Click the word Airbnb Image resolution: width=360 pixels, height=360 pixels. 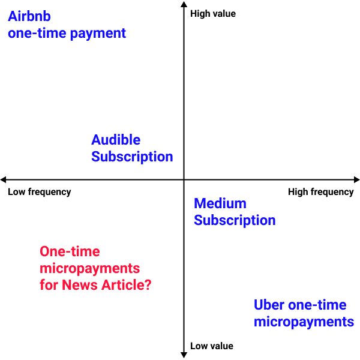click(29, 16)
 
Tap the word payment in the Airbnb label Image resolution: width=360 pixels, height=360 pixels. click(98, 34)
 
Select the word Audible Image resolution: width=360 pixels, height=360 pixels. click(116, 140)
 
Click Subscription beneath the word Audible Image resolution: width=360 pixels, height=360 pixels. click(132, 157)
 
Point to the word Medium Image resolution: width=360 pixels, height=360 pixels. click(220, 203)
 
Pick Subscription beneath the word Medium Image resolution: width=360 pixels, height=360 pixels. click(235, 221)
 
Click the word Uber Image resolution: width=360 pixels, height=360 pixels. click(269, 305)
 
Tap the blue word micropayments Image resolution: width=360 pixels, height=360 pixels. click(304, 322)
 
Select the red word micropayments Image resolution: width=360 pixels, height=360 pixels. click(90, 269)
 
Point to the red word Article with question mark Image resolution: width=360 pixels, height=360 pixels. click(127, 285)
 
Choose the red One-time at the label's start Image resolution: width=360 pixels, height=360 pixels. click(70, 251)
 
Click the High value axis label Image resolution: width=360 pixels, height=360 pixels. click(213, 14)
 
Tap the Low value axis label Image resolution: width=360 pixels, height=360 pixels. click(212, 346)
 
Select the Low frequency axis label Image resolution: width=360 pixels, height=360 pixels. click(40, 192)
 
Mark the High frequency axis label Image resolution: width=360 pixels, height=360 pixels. click(321, 192)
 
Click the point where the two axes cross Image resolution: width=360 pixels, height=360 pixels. click(184, 179)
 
